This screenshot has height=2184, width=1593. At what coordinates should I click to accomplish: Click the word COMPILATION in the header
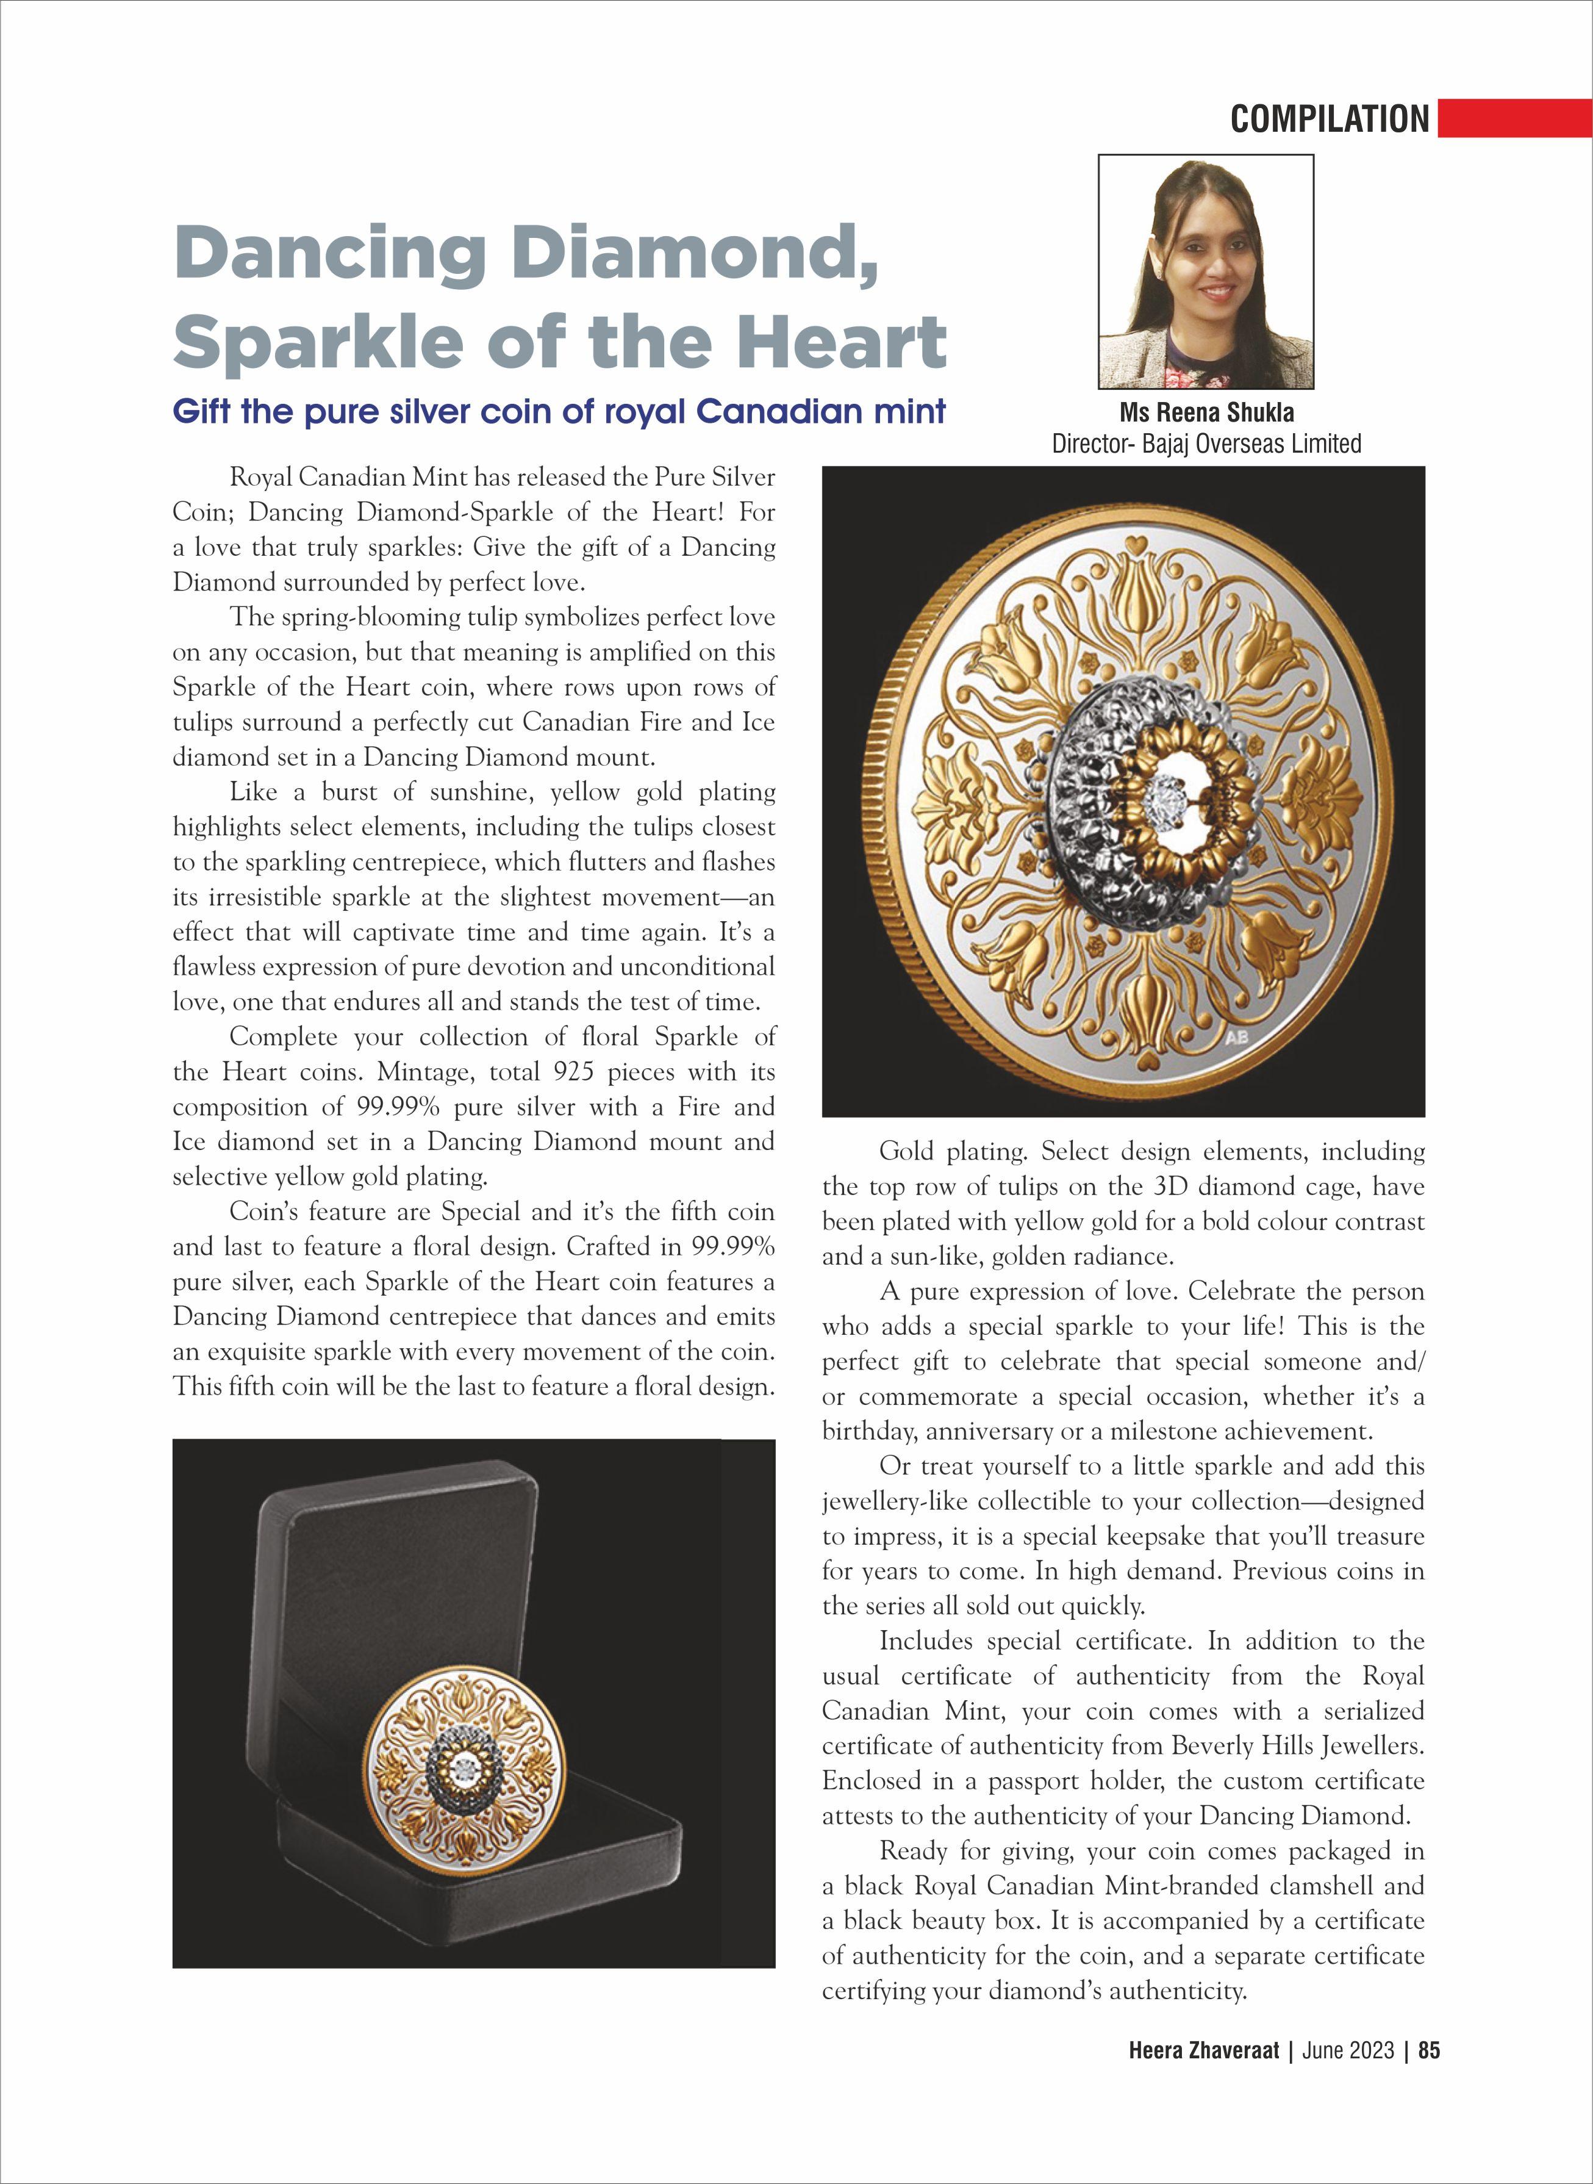(1329, 118)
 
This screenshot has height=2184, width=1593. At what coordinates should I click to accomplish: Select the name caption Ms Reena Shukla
(1206, 413)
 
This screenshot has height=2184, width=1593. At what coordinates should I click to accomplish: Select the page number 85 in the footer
(1429, 2077)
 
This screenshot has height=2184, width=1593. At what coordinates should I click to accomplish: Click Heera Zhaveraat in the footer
(1203, 2077)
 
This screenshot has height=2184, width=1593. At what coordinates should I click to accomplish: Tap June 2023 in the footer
(1347, 2077)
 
